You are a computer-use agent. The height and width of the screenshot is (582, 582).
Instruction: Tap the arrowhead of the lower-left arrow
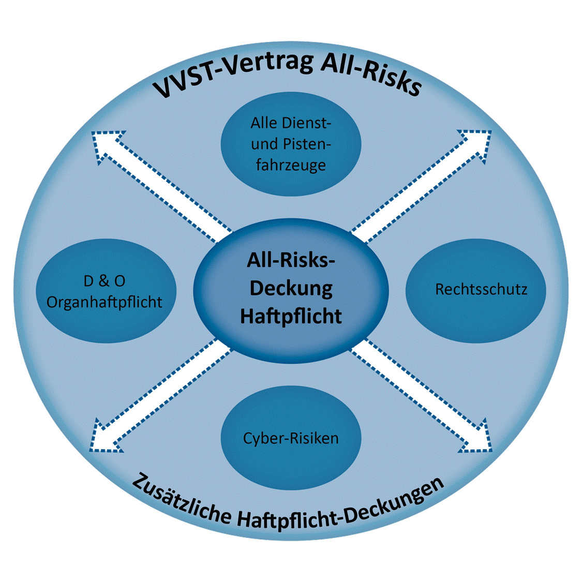coord(106,437)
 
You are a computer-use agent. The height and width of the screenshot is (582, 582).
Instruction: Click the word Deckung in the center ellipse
coord(291,289)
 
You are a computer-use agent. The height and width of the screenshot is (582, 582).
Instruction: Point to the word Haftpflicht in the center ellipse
coord(291,316)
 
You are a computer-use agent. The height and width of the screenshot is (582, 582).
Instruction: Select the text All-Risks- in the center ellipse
coord(291,260)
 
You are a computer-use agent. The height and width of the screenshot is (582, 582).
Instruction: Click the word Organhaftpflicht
coord(105,302)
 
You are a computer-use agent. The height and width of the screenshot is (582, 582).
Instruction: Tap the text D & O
coord(105,281)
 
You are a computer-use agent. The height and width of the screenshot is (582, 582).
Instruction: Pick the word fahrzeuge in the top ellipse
coord(291,166)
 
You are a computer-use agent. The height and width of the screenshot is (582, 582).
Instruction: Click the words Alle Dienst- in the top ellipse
coord(291,123)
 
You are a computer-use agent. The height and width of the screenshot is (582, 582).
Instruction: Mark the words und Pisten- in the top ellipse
coord(291,144)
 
